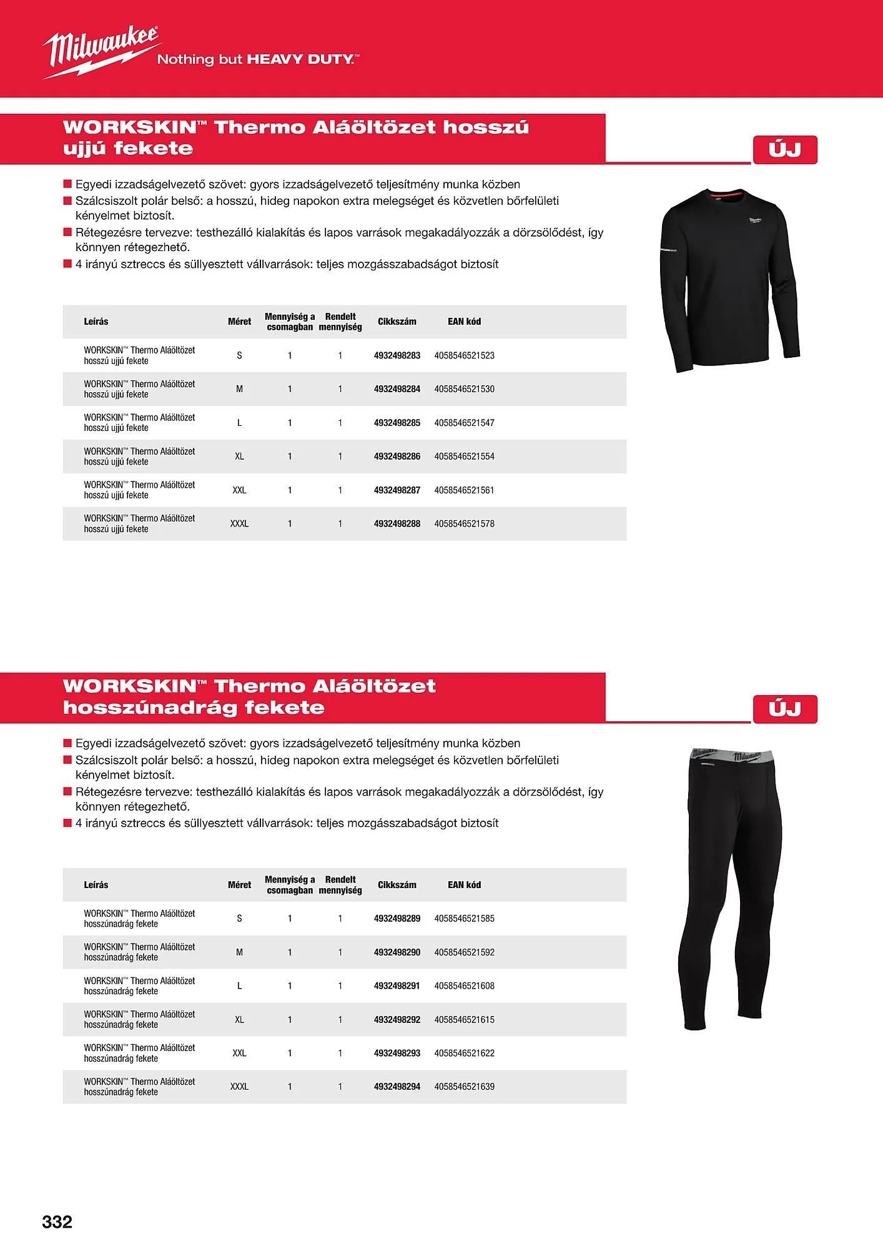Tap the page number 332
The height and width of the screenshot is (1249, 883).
pos(57,1222)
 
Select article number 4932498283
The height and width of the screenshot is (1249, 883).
pos(397,355)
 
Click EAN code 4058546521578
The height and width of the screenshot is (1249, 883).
pos(464,524)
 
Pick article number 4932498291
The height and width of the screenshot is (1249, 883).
pos(397,986)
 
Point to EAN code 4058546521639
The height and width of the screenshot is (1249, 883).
pos(464,1087)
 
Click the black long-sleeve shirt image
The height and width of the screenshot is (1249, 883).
pos(729,281)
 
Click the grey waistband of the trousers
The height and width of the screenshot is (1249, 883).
pos(732,756)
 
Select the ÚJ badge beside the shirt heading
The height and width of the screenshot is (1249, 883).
pos(785,150)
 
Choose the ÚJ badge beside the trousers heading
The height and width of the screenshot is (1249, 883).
pos(785,709)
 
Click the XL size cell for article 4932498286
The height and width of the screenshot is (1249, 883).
pos(239,457)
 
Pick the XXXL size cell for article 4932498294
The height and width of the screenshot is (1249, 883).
pos(239,1087)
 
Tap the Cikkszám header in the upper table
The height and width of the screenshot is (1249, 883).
pos(397,322)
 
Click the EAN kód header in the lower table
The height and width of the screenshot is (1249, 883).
pos(464,885)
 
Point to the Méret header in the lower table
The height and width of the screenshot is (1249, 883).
pos(239,885)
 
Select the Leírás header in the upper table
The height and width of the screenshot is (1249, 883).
pos(96,322)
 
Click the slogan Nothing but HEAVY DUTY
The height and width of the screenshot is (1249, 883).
pos(258,60)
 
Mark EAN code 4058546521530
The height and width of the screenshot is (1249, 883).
pos(464,389)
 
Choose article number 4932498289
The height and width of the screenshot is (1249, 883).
pos(397,919)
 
